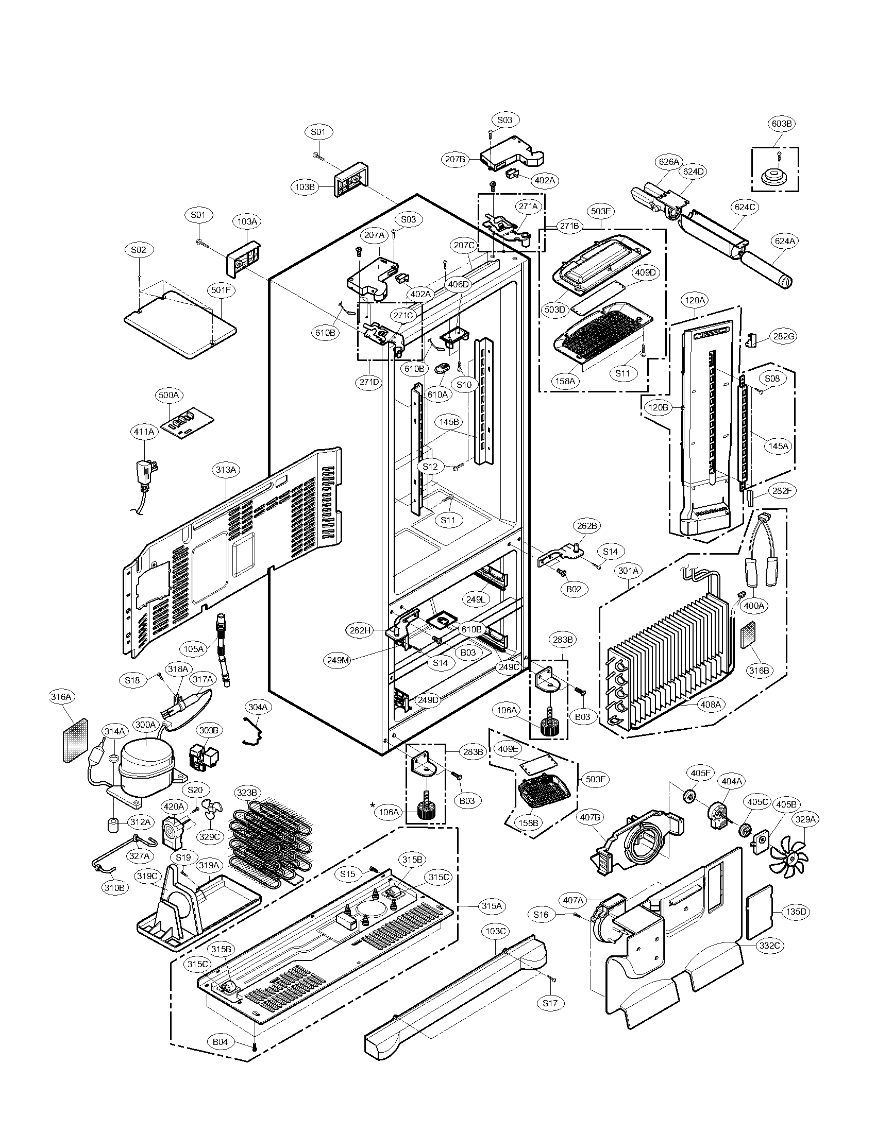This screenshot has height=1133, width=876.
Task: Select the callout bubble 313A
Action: point(226,470)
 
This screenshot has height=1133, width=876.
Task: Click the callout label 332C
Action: point(769,946)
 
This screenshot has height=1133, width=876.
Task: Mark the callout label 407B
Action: point(590,818)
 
